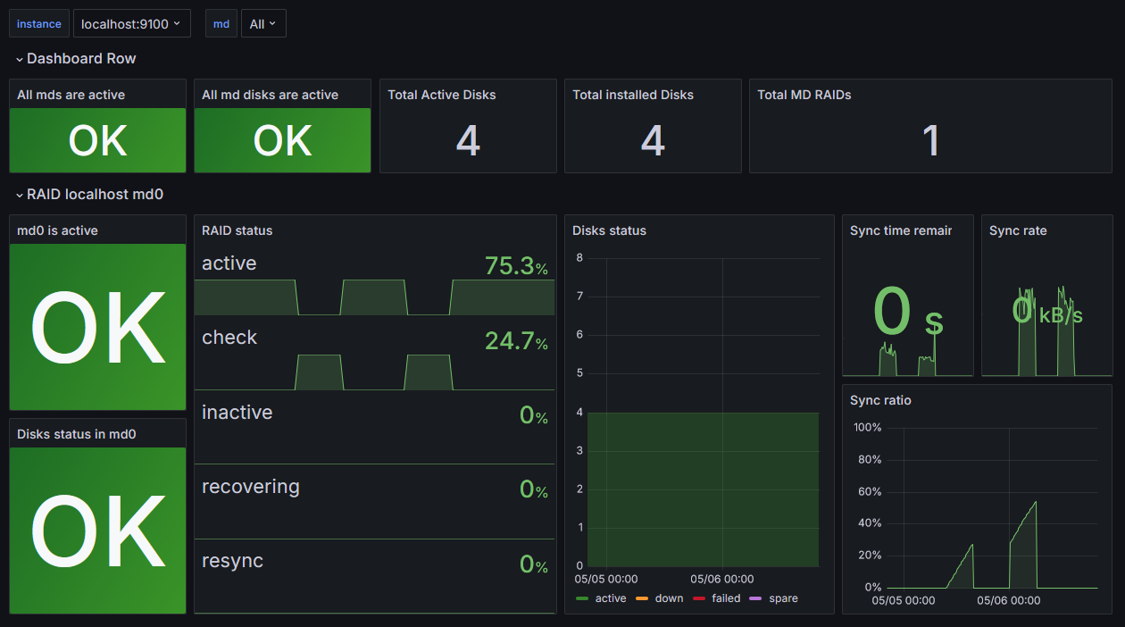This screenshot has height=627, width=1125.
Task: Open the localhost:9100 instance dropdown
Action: click(131, 24)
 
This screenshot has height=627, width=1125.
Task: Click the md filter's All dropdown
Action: click(263, 24)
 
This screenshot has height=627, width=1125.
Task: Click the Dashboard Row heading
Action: click(81, 59)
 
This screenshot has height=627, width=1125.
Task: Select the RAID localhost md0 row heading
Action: click(95, 194)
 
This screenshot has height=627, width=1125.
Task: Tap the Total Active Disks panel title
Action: click(442, 95)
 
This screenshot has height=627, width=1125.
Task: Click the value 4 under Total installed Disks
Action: click(653, 141)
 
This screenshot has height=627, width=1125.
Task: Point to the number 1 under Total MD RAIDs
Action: click(930, 141)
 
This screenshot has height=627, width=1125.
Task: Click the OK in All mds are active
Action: click(98, 141)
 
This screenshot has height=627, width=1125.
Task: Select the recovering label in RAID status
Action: click(251, 487)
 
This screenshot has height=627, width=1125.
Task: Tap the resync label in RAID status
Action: click(232, 561)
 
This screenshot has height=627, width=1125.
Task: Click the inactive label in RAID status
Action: click(237, 413)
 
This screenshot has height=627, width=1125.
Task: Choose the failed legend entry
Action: click(726, 598)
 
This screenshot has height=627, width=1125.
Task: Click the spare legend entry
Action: click(783, 598)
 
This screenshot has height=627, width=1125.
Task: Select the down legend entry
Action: click(669, 598)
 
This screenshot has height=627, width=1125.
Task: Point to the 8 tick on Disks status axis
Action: click(579, 258)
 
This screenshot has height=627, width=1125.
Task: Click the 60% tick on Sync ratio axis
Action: click(868, 491)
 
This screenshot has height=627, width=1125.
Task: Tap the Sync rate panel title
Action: click(1018, 230)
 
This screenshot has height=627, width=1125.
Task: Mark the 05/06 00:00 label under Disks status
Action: click(722, 579)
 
